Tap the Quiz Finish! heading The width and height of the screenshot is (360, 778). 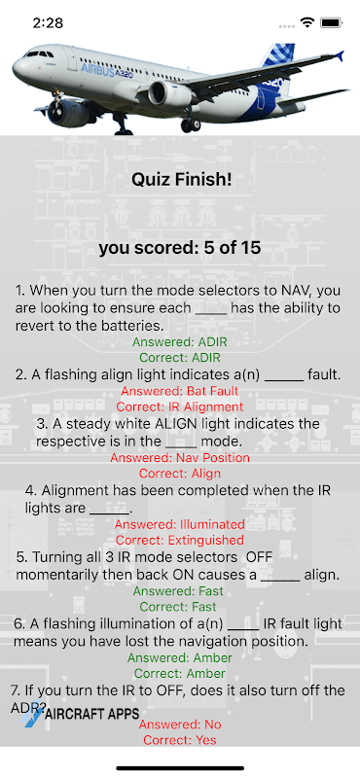coord(181,180)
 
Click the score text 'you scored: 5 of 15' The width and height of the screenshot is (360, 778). coord(180,248)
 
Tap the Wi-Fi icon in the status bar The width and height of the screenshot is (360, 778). coord(307,22)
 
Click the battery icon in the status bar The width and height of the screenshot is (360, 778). coord(330,22)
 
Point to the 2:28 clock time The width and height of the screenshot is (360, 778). coord(49,23)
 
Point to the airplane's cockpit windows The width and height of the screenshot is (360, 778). coord(40,53)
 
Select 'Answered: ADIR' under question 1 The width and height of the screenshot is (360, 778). coord(180,341)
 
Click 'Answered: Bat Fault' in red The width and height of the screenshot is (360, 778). coord(180,391)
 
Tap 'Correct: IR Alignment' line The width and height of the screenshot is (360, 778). coord(180,407)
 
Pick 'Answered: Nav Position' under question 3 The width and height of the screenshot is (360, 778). coord(180,457)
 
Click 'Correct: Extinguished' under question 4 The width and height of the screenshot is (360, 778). coord(180,540)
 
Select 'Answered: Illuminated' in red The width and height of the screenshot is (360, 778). coord(180,524)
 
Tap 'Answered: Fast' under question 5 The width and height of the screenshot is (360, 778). coord(180,591)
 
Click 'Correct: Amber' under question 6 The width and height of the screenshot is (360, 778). coord(180,674)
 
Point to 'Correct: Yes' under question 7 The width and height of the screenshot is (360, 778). coord(180,740)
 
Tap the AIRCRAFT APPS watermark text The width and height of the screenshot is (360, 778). coord(92,714)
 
